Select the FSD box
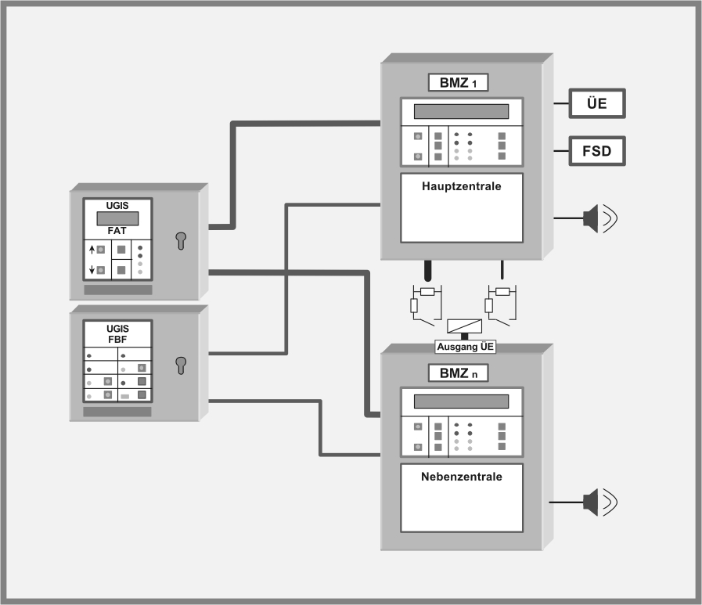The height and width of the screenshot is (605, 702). point(597,149)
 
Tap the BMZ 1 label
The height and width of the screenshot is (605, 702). point(458,82)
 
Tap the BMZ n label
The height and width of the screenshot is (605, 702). point(458,373)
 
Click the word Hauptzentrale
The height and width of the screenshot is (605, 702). point(461,187)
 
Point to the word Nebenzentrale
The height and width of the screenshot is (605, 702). point(461,477)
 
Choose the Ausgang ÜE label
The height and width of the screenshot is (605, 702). point(465,347)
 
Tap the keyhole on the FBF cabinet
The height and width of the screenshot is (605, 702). point(182,364)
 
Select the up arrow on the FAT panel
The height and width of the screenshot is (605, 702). point(92,250)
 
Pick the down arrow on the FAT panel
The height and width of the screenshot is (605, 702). point(92,270)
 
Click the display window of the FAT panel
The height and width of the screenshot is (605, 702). point(117,218)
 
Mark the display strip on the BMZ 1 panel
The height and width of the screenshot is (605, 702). point(461,111)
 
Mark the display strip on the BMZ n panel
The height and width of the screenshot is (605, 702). point(461,402)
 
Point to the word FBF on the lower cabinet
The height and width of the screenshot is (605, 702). point(117,340)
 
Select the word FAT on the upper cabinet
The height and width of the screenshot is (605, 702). point(117,232)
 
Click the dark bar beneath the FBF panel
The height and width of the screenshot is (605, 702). point(117,412)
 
